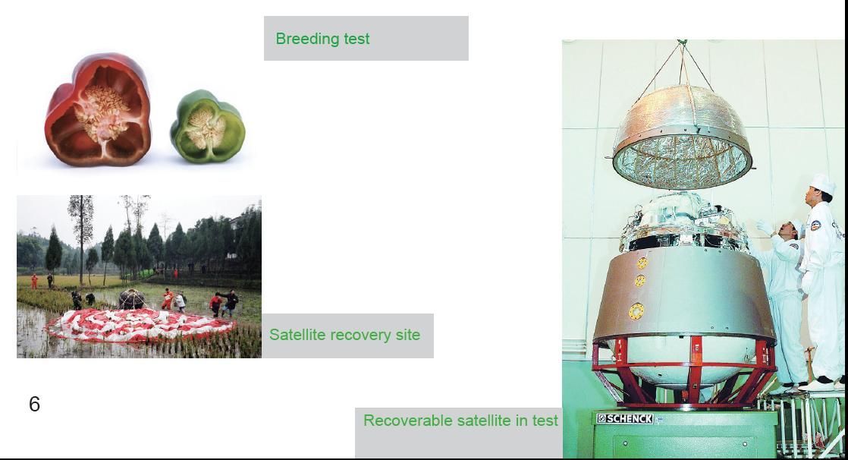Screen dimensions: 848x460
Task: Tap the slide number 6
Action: (x=34, y=405)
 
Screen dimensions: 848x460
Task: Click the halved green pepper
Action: (x=208, y=127)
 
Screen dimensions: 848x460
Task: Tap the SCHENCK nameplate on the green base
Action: (x=625, y=418)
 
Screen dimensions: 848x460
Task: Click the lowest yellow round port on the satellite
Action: (x=636, y=311)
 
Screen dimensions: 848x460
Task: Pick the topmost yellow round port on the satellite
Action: (x=642, y=263)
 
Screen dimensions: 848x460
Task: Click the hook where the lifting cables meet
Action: (x=682, y=43)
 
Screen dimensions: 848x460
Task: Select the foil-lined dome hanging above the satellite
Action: (x=683, y=137)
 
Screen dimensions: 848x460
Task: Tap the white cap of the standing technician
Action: (x=823, y=183)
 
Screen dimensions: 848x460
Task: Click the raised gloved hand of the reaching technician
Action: (x=764, y=227)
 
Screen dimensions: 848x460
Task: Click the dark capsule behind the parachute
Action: (x=131, y=299)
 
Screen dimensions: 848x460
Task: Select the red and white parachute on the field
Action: (x=141, y=326)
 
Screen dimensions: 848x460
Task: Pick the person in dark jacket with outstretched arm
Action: (x=231, y=303)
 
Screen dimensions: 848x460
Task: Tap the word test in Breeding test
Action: (x=356, y=39)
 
